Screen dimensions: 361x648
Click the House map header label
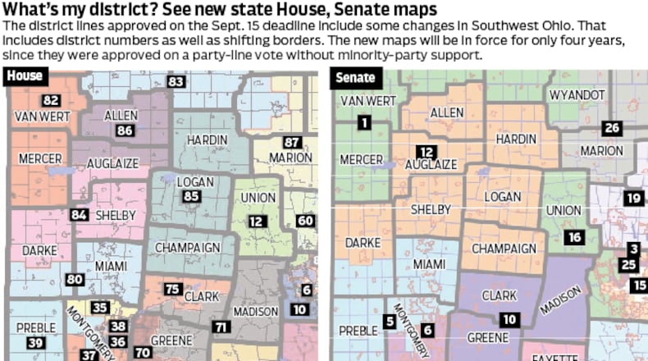[25, 77]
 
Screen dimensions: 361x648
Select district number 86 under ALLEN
[125, 130]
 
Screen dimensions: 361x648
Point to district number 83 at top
[176, 81]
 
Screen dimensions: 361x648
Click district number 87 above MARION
[292, 142]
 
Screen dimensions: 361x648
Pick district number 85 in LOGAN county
[191, 197]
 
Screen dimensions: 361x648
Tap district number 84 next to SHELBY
[80, 214]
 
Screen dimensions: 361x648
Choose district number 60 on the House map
[305, 221]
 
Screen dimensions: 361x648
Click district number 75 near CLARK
[173, 289]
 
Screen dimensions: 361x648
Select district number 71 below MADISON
[221, 327]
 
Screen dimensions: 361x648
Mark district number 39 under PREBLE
[34, 343]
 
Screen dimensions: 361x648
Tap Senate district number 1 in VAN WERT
[363, 123]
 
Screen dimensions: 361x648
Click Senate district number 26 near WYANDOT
[611, 128]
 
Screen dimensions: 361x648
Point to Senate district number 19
[632, 198]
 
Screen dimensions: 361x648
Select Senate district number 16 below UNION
[573, 237]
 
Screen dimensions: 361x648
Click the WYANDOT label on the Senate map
[577, 95]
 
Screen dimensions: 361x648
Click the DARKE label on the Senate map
[363, 243]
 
